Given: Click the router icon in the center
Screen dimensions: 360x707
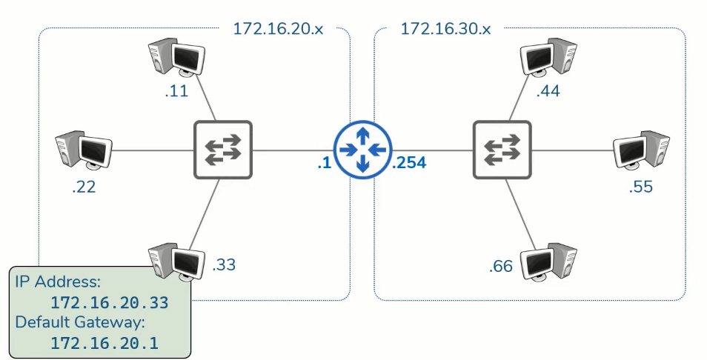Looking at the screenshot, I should click(x=362, y=150).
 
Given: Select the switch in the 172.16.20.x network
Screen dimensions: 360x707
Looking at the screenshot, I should click(x=223, y=150).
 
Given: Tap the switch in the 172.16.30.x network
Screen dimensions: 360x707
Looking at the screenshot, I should click(x=502, y=150).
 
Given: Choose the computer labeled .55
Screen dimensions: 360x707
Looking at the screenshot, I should click(x=641, y=151).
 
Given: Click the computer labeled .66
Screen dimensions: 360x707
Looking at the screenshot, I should click(x=548, y=261).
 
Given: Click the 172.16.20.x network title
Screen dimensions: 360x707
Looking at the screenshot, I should click(x=279, y=29).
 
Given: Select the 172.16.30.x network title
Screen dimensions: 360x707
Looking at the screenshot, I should click(x=446, y=29).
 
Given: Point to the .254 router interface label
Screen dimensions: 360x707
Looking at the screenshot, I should click(x=409, y=163).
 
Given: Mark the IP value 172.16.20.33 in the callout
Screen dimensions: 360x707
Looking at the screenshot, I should click(x=109, y=303).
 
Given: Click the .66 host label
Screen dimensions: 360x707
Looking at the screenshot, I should click(x=501, y=266).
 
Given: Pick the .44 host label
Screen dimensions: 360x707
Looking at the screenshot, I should click(x=548, y=93).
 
